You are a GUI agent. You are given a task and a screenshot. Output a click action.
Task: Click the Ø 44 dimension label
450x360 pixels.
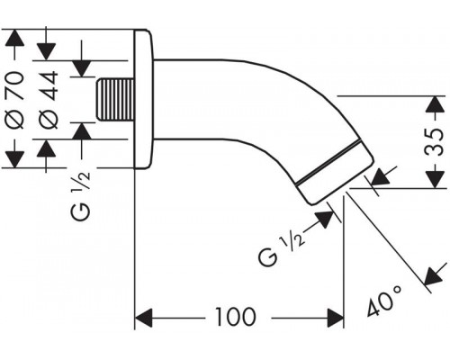point(49,100)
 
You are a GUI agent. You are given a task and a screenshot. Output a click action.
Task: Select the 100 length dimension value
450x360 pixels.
point(236,317)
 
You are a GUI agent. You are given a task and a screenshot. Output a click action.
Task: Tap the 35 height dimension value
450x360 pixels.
point(435,142)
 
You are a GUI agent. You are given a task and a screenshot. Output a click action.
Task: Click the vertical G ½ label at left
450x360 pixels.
point(81,195)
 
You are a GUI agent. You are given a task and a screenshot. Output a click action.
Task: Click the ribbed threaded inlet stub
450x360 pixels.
point(114,100)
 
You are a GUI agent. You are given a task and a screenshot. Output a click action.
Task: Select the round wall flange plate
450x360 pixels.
point(143,99)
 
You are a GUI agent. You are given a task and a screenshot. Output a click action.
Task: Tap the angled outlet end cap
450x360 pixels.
point(335,173)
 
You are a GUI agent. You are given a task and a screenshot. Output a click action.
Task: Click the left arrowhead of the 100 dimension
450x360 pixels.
point(144,318)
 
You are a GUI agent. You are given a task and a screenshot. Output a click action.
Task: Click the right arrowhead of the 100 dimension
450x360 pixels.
point(335,318)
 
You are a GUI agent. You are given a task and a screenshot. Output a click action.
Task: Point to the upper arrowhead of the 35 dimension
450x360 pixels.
point(435,105)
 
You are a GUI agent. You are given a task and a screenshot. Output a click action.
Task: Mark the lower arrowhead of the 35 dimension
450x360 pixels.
point(435,179)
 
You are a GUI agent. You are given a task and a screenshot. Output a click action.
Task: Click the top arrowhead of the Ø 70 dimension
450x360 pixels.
point(15,38)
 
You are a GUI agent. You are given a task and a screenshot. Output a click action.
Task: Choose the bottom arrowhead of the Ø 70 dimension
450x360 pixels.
point(15,159)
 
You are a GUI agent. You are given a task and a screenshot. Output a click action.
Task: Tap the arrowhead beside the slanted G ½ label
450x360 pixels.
point(325,219)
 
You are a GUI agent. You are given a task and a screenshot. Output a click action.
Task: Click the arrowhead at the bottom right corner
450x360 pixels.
point(434,275)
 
